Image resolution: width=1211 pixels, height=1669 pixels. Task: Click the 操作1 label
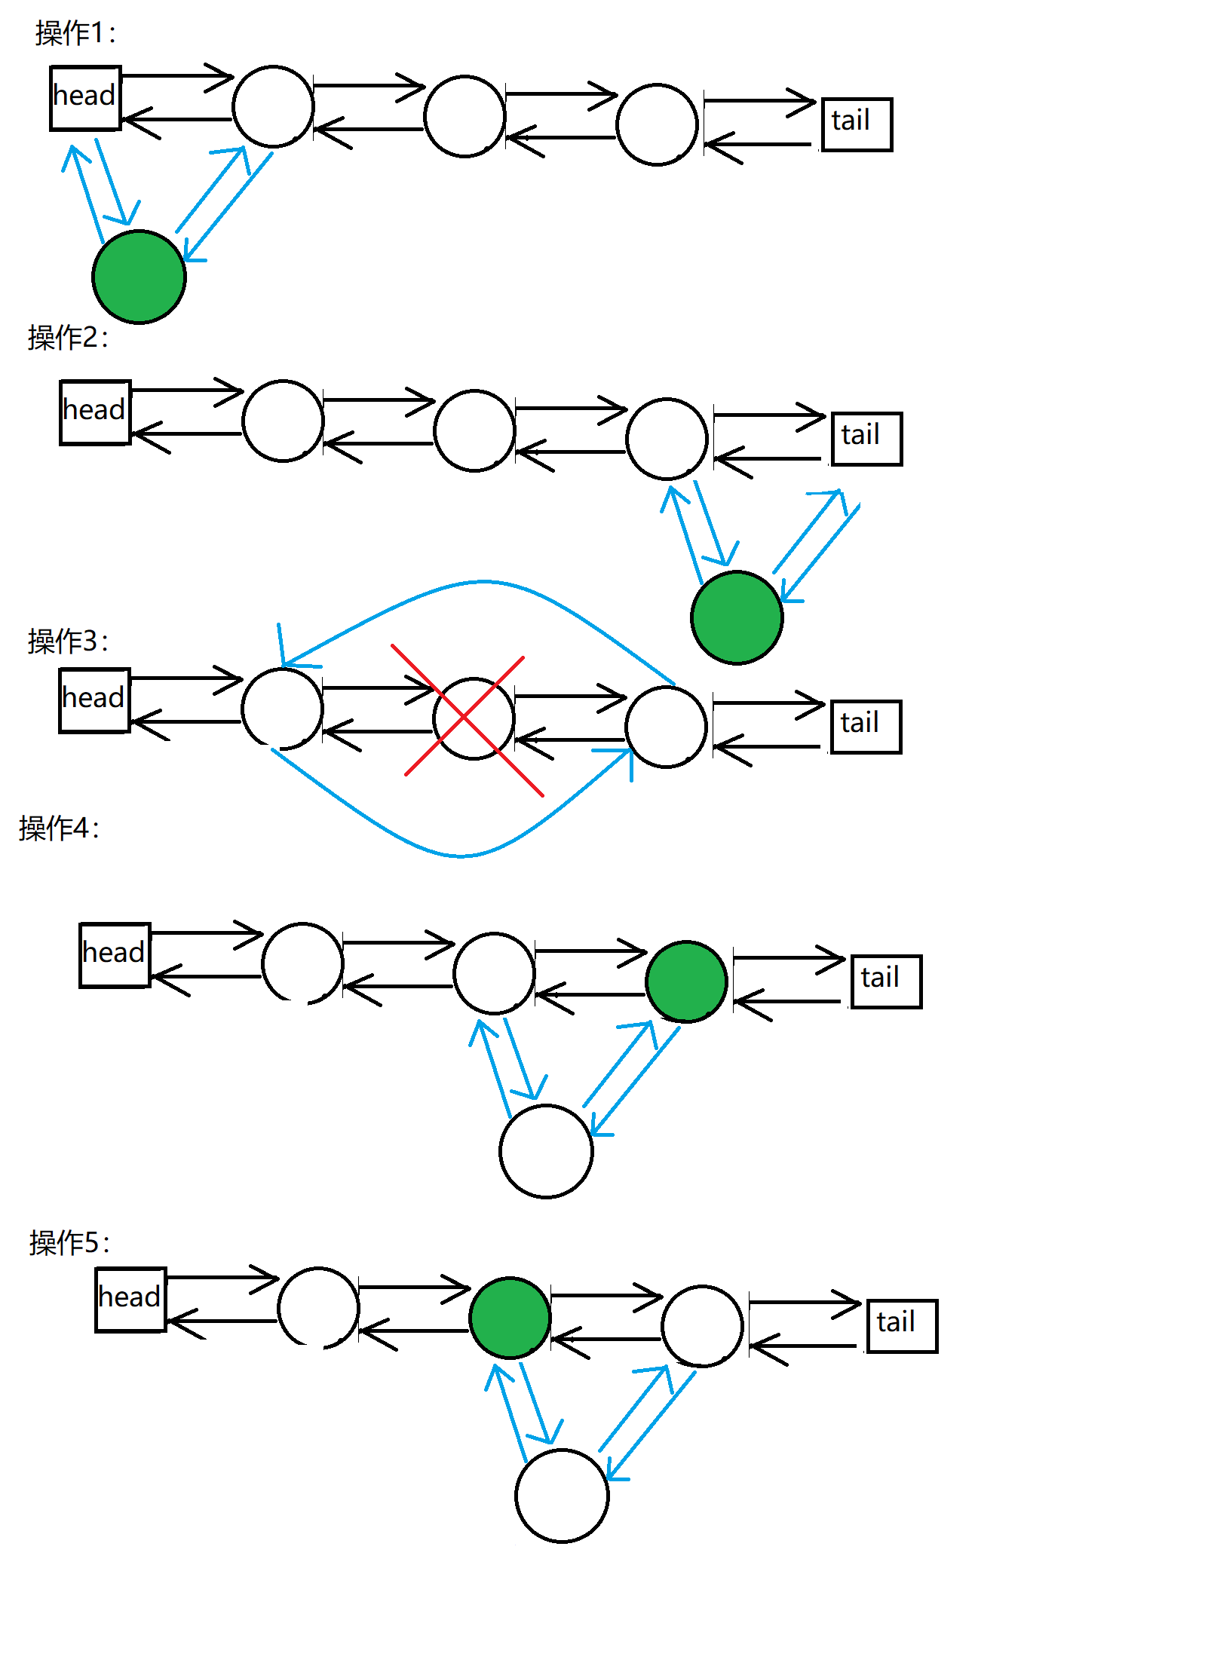(x=75, y=34)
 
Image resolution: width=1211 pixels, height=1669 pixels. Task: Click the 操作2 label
(x=68, y=338)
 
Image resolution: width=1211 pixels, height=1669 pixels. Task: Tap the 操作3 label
(x=68, y=642)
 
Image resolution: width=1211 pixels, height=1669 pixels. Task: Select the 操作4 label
(x=59, y=828)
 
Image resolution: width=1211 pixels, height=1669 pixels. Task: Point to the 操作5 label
(x=69, y=1243)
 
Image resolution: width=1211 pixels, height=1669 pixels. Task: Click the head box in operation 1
(x=85, y=98)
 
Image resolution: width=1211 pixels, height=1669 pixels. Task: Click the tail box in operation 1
(x=857, y=124)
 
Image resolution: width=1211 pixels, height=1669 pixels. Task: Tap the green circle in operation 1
(x=139, y=277)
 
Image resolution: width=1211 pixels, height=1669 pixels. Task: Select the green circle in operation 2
(x=737, y=617)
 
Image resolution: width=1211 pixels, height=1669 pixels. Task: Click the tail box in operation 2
(x=866, y=439)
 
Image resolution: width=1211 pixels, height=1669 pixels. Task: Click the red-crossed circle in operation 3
(x=474, y=718)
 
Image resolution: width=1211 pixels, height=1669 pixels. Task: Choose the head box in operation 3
(x=94, y=700)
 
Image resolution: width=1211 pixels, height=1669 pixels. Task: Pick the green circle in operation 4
(x=686, y=981)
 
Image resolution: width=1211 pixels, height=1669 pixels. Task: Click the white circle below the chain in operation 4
(x=546, y=1151)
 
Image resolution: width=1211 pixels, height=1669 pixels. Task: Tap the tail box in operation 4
(x=886, y=981)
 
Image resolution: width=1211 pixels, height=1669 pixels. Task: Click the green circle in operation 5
(x=510, y=1318)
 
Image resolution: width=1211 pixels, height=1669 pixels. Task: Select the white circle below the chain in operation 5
(x=562, y=1496)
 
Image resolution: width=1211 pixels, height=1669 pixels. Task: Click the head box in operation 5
(x=130, y=1300)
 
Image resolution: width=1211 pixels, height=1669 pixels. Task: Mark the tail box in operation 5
(x=902, y=1326)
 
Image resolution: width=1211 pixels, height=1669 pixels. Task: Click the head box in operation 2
(x=95, y=412)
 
